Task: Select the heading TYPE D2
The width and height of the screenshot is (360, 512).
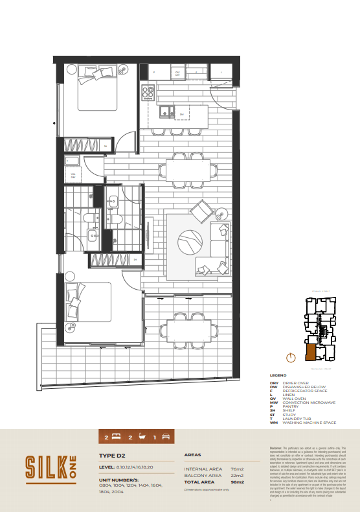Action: (x=111, y=456)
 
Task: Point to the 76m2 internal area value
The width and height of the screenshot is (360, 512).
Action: (x=237, y=469)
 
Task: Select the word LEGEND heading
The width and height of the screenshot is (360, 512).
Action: (x=278, y=375)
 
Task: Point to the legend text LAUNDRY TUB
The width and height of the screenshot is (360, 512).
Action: (x=297, y=418)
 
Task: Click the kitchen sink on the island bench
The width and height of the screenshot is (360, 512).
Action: (x=166, y=111)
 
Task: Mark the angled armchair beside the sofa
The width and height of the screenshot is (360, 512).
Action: (x=203, y=210)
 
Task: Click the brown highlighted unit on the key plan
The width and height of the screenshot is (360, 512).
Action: (x=311, y=353)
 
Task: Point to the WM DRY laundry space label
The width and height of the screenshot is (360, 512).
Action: (x=73, y=176)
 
